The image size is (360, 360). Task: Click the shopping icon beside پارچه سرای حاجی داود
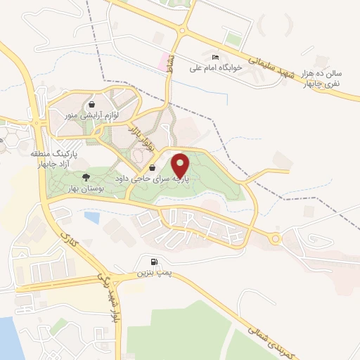[153, 168]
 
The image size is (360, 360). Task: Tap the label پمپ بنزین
[153, 271]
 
